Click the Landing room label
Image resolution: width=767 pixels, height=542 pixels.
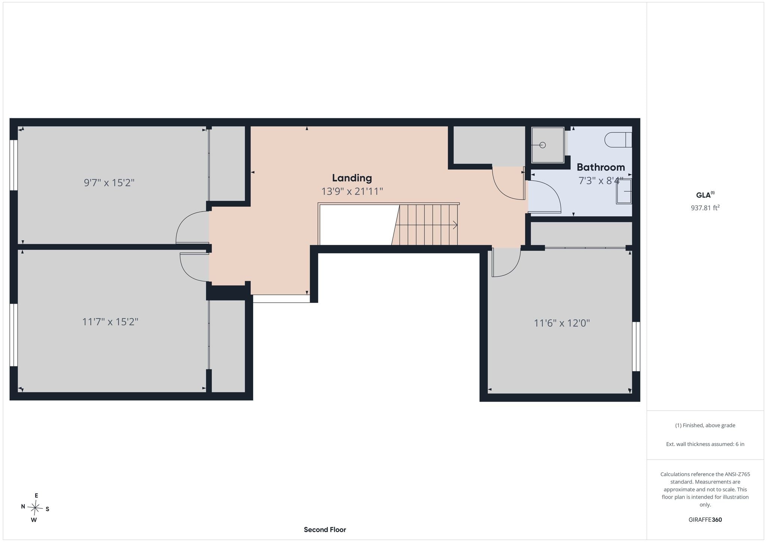[352, 178]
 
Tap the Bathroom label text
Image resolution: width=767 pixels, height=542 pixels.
[601, 167]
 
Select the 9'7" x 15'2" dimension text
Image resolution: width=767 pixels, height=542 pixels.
[109, 183]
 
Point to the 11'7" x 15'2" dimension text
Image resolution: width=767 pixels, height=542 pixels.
[110, 322]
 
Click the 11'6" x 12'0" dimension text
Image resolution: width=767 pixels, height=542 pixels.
[562, 323]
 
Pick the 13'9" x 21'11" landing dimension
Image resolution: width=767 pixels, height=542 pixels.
[352, 192]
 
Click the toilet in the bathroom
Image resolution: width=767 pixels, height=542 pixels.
[618, 140]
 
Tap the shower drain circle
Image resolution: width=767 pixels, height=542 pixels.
[543, 145]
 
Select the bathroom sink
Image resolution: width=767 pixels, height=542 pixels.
[624, 192]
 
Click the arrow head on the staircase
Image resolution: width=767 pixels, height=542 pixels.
[455, 225]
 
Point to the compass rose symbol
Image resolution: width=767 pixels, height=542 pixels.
[35, 508]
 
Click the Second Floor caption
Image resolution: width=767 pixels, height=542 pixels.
[325, 530]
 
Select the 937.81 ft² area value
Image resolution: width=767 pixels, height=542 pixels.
[705, 208]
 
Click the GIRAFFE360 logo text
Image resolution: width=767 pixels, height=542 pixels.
[705, 520]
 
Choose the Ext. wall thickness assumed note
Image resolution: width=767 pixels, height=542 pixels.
[705, 444]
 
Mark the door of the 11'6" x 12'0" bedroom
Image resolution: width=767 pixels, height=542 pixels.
[506, 262]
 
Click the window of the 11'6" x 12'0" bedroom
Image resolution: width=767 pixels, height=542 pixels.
[636, 346]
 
